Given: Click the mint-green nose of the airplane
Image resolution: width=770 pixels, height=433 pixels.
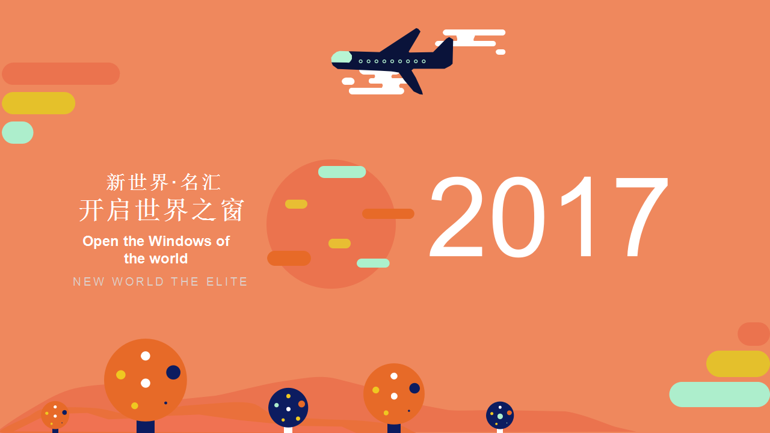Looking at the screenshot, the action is pyautogui.click(x=341, y=57).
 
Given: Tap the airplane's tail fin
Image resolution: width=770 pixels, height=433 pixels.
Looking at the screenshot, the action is pyautogui.click(x=445, y=46).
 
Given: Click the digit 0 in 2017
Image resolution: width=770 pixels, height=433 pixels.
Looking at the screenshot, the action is pyautogui.click(x=519, y=216).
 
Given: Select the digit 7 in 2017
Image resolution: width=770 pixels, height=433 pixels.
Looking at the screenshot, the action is pyautogui.click(x=641, y=216).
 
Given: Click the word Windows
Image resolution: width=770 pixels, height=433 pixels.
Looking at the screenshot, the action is pyautogui.click(x=180, y=241).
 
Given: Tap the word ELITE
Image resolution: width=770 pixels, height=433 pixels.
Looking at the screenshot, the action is pyautogui.click(x=227, y=282).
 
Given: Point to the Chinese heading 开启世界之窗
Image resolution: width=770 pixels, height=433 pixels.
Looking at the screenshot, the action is pyautogui.click(x=162, y=210).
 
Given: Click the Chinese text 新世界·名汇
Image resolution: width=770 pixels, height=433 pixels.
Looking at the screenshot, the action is pyautogui.click(x=163, y=182).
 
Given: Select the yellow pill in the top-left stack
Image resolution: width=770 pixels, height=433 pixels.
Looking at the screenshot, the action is pyautogui.click(x=38, y=103).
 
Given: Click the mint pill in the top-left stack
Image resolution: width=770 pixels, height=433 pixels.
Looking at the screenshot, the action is pyautogui.click(x=17, y=133).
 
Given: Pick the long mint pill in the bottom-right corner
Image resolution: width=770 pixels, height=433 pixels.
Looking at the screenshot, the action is pyautogui.click(x=719, y=395).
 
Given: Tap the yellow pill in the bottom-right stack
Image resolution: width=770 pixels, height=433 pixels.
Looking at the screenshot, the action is pyautogui.click(x=738, y=364).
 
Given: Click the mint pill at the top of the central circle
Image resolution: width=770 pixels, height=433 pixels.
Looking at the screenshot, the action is pyautogui.click(x=342, y=172).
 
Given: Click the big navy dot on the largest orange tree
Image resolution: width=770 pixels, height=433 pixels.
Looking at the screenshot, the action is pyautogui.click(x=173, y=372).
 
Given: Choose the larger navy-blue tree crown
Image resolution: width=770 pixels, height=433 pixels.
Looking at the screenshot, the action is pyautogui.click(x=288, y=408).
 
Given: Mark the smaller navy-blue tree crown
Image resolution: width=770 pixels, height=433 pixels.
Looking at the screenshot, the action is pyautogui.click(x=500, y=416).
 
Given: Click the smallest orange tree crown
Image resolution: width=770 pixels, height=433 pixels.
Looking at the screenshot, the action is pyautogui.click(x=55, y=415).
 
